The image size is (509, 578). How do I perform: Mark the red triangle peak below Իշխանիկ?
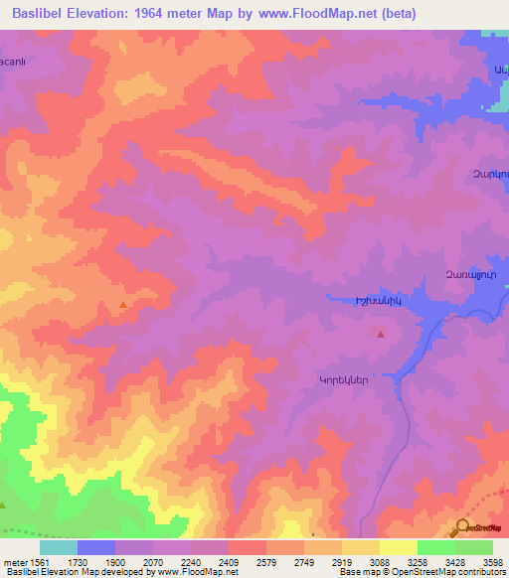381,335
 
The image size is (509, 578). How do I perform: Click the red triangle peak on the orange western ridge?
122,305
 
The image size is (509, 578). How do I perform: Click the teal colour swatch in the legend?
59,547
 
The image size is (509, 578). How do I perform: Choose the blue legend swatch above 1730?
96,547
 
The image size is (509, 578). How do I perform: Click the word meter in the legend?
14,563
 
